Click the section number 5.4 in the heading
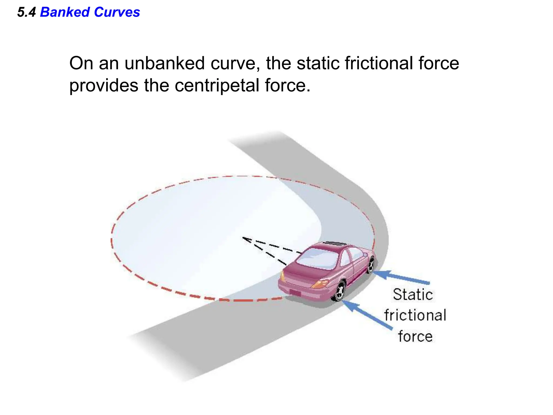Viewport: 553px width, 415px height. click(x=26, y=12)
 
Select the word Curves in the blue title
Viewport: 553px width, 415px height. click(x=117, y=12)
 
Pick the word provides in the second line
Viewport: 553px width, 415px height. click(x=104, y=86)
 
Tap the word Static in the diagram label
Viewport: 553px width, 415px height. click(x=413, y=294)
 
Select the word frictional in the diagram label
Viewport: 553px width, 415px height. click(x=415, y=315)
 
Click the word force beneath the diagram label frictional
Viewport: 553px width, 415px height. click(x=415, y=336)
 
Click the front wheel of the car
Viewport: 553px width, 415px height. click(x=371, y=265)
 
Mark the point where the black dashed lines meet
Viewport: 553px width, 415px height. click(x=243, y=237)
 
